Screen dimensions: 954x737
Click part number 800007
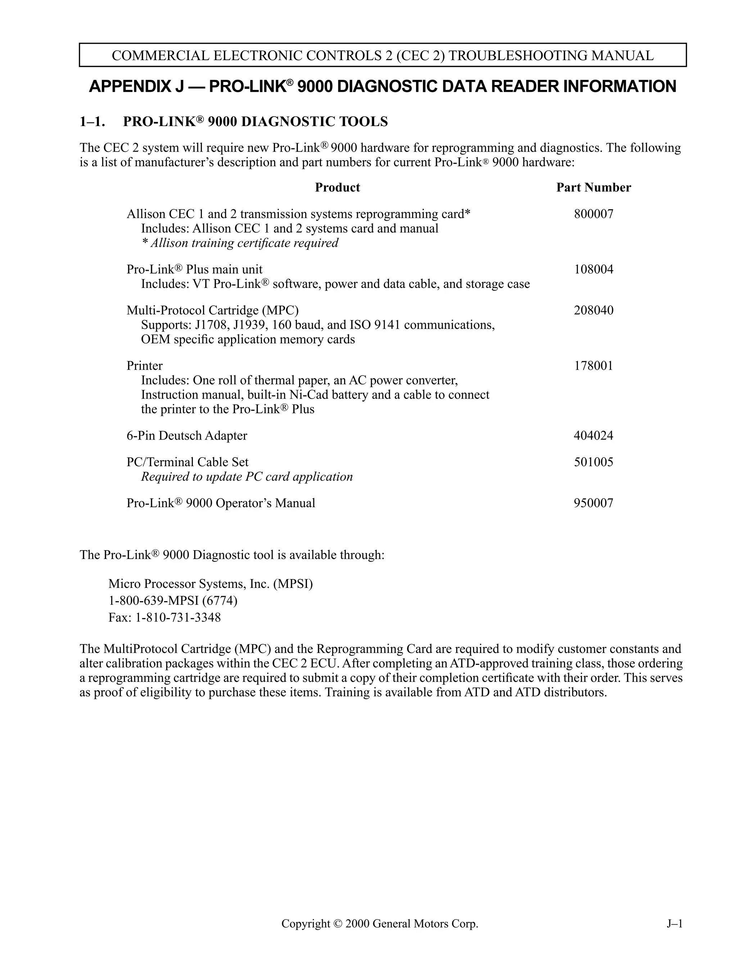coord(593,214)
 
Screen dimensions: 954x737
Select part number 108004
coord(593,270)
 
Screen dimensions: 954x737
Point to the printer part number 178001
coord(593,366)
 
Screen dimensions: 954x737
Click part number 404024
coord(593,436)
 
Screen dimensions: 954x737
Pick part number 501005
coord(593,462)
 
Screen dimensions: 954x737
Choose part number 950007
coord(593,503)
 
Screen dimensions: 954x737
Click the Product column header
coord(337,188)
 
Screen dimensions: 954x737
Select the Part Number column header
coord(593,188)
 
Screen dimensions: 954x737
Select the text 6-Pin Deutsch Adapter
coord(187,436)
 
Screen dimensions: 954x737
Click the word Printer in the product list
coord(145,366)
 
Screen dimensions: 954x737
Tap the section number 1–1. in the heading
coord(92,121)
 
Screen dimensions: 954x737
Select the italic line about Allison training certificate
coord(240,243)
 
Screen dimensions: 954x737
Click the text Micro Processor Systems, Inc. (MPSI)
coord(211,584)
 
